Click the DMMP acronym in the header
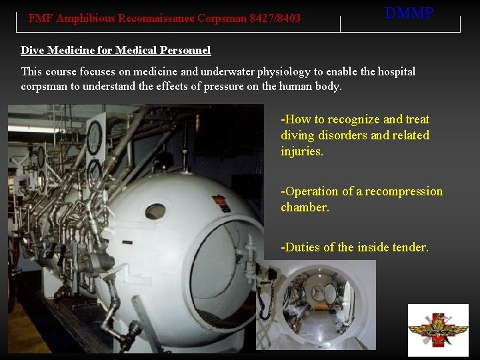[409, 13]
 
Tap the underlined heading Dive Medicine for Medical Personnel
[115, 51]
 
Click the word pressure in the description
[246, 86]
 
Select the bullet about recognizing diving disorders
[355, 135]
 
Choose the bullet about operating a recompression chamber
[361, 199]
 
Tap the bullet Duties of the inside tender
[355, 247]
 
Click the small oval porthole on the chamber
[155, 212]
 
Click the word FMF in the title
[40, 19]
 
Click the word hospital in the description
[390, 71]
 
